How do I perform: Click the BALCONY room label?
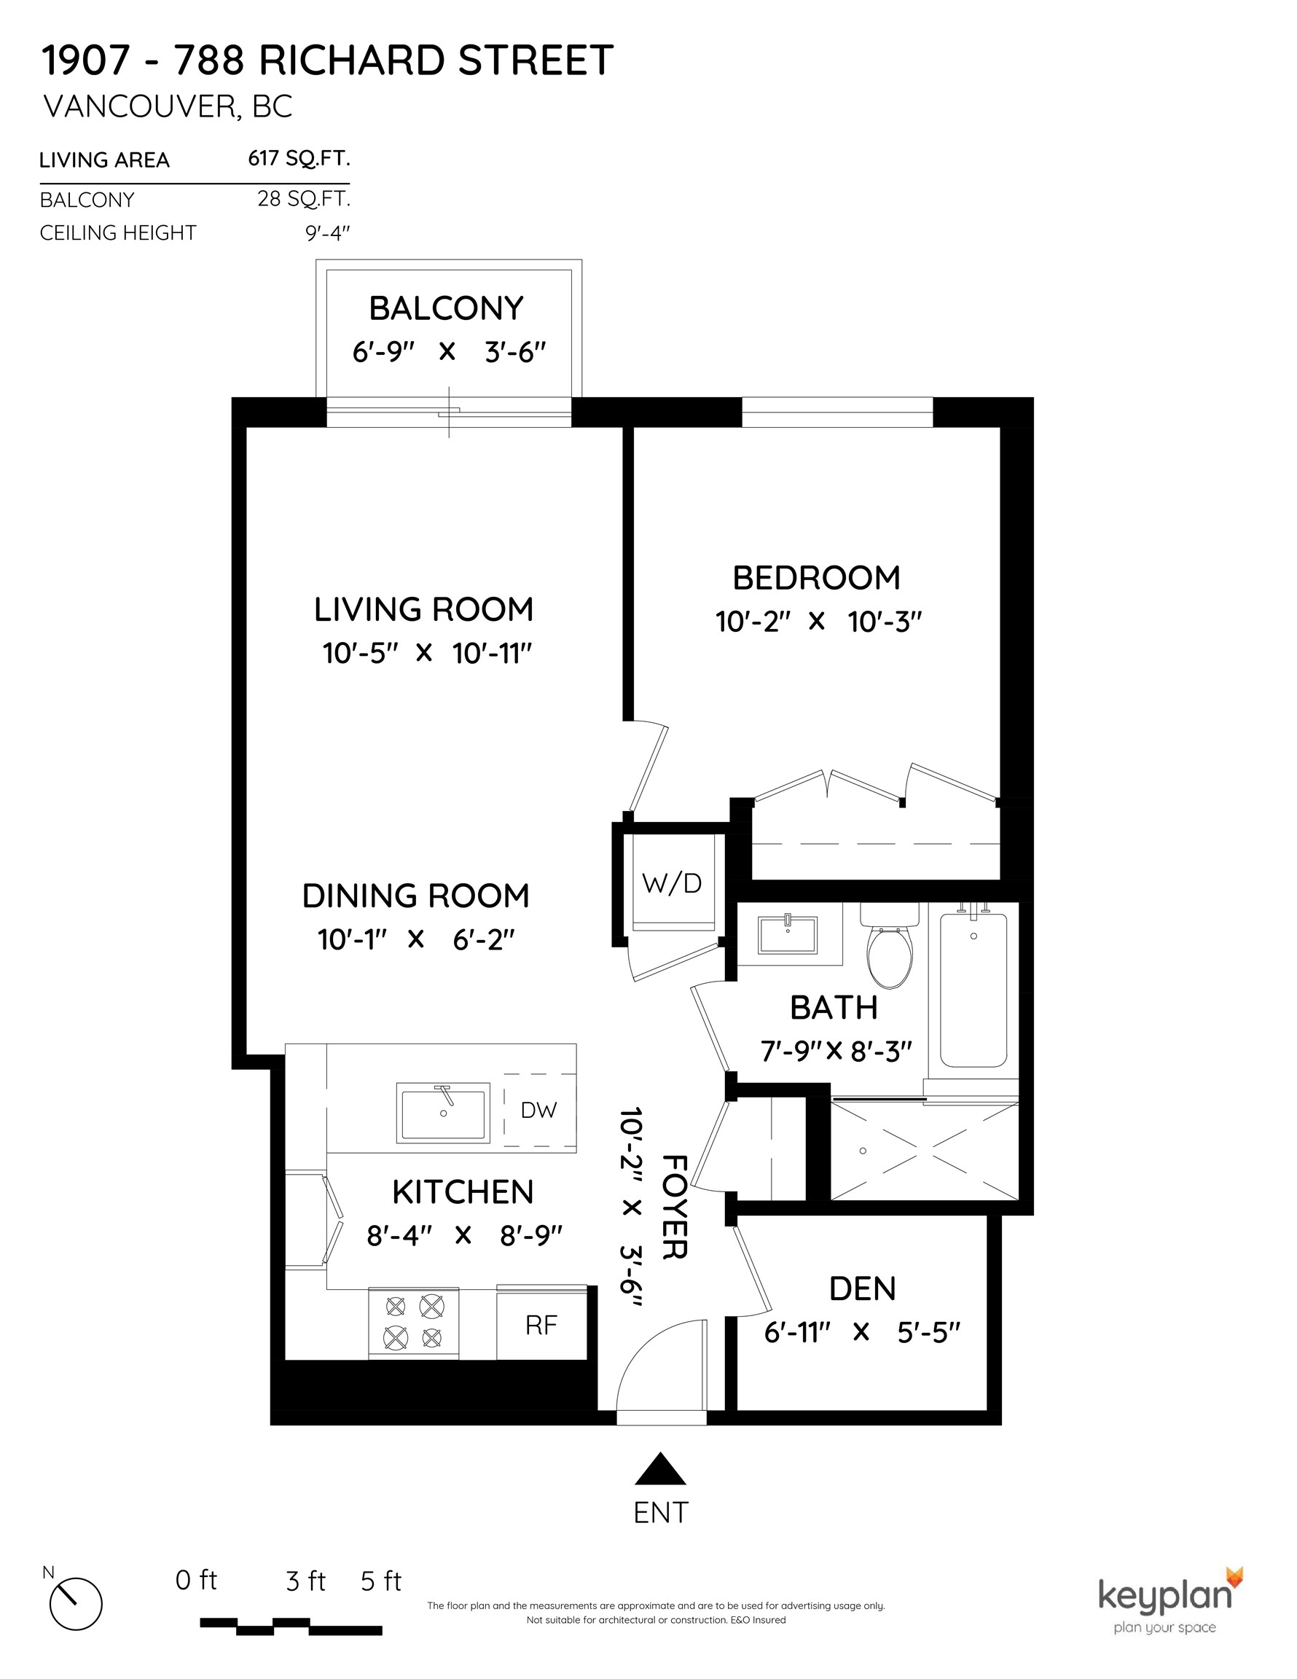coord(446,308)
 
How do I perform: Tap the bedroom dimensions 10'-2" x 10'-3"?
coord(818,621)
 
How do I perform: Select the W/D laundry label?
coord(672,883)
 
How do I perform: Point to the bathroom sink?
coord(787,934)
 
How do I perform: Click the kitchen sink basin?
coord(444,1113)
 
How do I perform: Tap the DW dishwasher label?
coord(538,1109)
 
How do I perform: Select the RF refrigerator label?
coord(541,1325)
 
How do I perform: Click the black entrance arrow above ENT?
coord(659,1470)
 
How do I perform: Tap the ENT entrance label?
coord(660,1512)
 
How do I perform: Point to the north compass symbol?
coord(75,1604)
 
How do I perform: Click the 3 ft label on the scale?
coord(305,1581)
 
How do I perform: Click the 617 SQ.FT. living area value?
coord(298,158)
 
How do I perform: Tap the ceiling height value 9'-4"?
coord(327,233)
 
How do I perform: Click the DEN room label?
coord(862,1289)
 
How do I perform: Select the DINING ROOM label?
coord(415,896)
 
